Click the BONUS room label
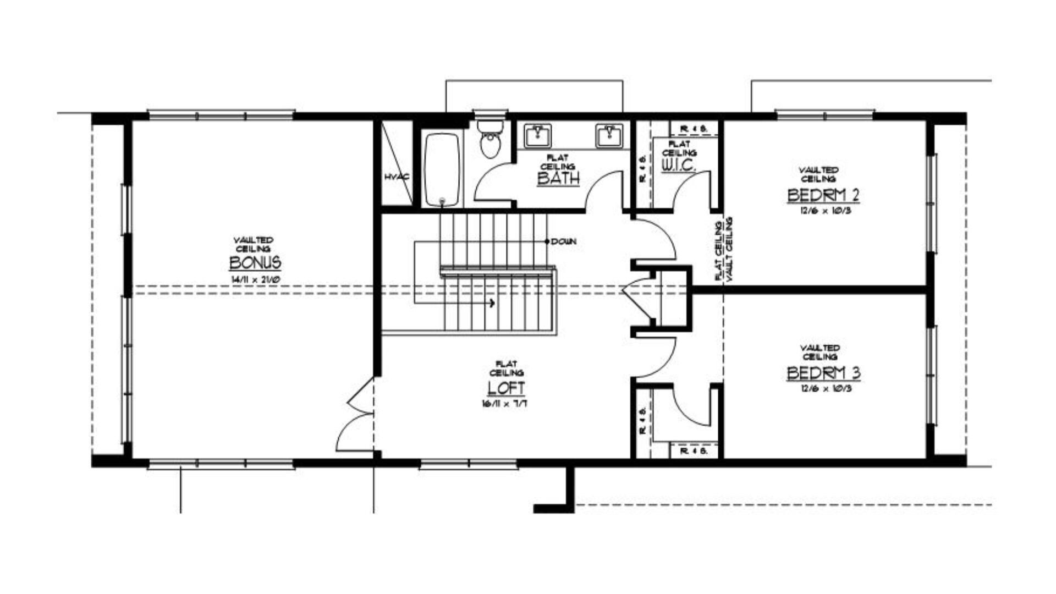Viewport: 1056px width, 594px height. tap(255, 263)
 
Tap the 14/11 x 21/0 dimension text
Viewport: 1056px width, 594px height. tap(255, 279)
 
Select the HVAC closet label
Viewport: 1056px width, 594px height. tap(397, 177)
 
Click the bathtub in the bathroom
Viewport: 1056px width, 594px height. tap(442, 169)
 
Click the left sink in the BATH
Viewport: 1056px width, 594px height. tap(537, 135)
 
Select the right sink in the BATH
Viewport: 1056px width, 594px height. tap(609, 135)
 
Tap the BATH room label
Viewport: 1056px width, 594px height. tap(558, 179)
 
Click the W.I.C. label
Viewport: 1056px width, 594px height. tap(678, 165)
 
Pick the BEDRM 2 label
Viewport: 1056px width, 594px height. tap(823, 195)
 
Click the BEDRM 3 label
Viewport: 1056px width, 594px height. tap(823, 373)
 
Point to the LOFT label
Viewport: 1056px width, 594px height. tap(506, 388)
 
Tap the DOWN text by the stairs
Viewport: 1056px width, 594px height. tap(564, 241)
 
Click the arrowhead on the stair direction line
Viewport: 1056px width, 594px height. tap(492, 303)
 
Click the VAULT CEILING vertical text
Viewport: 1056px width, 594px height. tap(730, 249)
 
